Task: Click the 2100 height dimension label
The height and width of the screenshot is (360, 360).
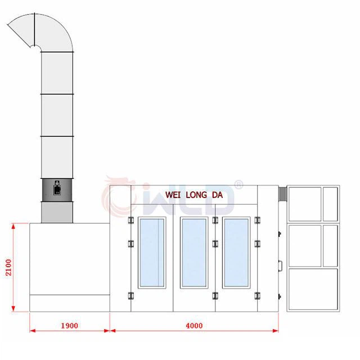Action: tap(8, 268)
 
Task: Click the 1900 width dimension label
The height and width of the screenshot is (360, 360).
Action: tap(69, 326)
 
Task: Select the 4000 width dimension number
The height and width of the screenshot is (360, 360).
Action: tap(194, 326)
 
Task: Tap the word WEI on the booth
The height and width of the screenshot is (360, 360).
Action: tap(173, 195)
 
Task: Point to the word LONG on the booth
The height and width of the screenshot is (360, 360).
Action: tap(196, 195)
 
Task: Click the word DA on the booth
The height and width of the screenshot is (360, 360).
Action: tap(217, 195)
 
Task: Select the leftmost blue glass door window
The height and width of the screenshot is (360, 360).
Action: tap(152, 253)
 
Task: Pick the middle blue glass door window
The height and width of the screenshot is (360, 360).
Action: tap(194, 253)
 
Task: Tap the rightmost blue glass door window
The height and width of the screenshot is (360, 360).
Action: tap(236, 253)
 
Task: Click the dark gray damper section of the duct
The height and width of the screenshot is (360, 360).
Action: tap(57, 190)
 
